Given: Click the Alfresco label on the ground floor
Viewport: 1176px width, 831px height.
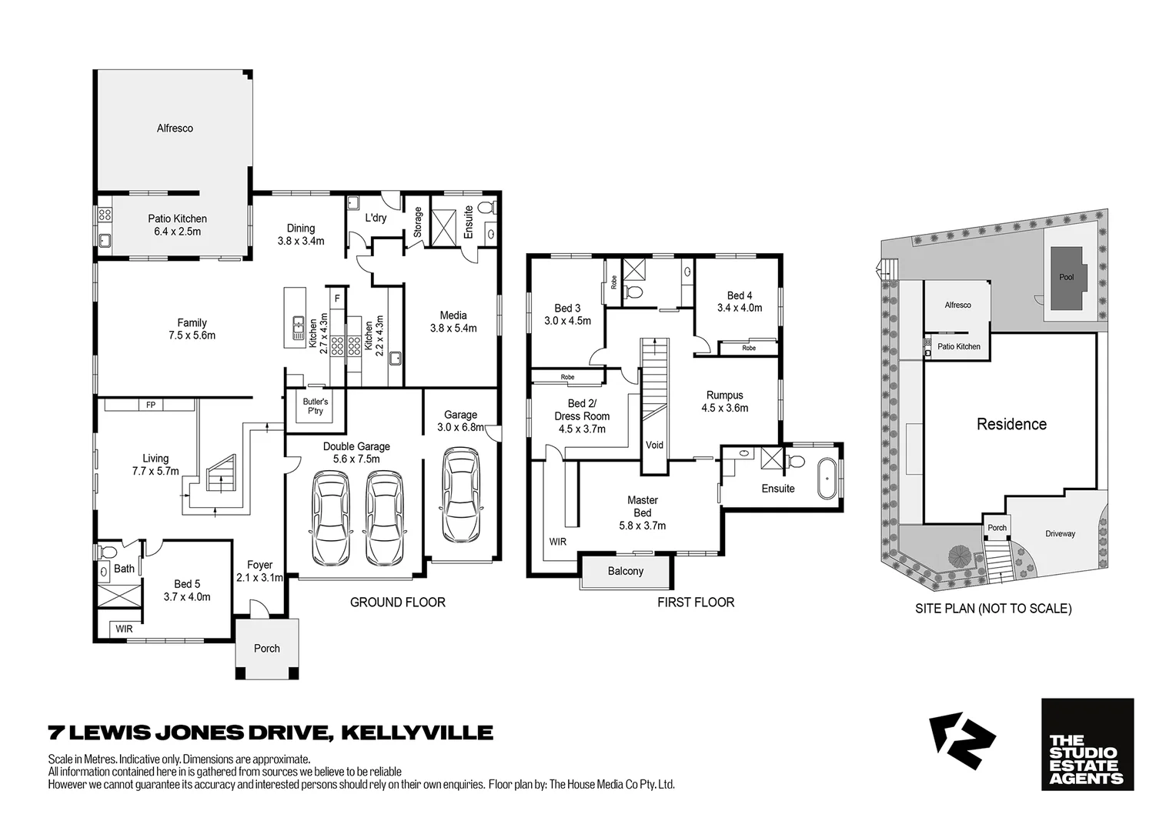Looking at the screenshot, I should [175, 128].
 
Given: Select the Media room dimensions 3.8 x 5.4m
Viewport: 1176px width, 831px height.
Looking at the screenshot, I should [453, 328].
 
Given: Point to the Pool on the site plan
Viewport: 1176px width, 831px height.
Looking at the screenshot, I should [1066, 277].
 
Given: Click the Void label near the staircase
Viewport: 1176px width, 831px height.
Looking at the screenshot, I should [654, 445].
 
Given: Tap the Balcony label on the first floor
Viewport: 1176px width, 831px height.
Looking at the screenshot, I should [625, 571].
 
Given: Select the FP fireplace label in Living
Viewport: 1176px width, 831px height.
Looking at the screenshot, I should [151, 405].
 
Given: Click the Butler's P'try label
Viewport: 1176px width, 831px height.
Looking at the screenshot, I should [315, 406].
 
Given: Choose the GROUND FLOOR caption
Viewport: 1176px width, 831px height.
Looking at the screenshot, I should [397, 602].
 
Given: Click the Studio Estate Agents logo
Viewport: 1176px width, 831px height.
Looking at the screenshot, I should [1087, 744].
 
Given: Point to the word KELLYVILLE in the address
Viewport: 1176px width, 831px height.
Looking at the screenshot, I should [416, 732].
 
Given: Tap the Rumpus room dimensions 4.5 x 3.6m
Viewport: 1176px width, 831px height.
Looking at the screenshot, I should [724, 408].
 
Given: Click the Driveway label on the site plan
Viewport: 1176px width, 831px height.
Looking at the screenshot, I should [1060, 533].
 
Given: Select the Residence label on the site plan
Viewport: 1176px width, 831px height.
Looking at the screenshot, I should [1011, 424].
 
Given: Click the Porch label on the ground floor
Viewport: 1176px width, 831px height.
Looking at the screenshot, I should [267, 648].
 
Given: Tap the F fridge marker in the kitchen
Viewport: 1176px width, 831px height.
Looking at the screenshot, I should [336, 295].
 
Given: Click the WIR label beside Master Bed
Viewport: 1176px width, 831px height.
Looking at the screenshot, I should [557, 542].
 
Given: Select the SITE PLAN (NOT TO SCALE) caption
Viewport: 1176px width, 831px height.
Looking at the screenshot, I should [993, 608].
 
